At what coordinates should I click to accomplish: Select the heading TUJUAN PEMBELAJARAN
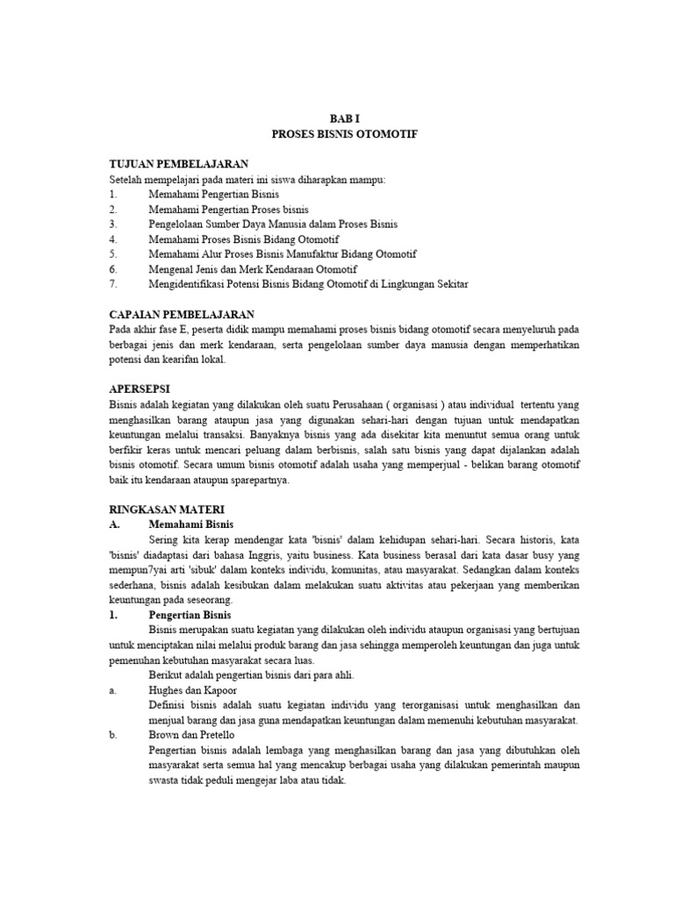coord(179,164)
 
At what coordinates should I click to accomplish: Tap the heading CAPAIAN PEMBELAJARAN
coord(182,313)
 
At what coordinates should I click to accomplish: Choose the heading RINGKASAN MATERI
coord(167,509)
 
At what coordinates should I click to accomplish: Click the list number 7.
coord(112,283)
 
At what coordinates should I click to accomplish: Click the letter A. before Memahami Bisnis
coord(114,524)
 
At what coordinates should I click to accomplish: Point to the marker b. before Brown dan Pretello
coord(113,736)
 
